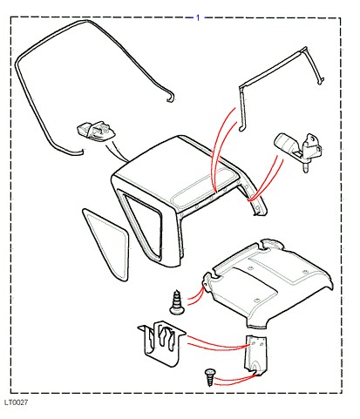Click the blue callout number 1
(198, 18)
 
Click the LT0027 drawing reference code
(17, 402)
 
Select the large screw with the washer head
(177, 302)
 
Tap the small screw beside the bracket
(210, 377)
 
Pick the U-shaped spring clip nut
(161, 342)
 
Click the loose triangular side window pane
(107, 244)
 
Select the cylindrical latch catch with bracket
(299, 150)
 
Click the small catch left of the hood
(96, 132)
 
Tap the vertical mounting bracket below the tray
(255, 355)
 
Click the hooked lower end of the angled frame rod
(242, 128)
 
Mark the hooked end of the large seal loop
(171, 98)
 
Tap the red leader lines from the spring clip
(218, 342)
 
